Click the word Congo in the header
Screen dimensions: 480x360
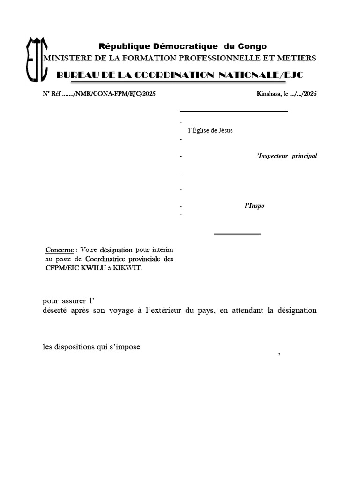click(252, 46)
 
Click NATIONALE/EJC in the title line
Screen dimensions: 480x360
click(265, 75)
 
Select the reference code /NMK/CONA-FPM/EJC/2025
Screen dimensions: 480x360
click(115, 94)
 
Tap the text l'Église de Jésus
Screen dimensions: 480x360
click(210, 130)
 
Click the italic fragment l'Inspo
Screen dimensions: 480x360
click(255, 206)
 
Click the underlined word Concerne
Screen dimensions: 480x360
click(60, 250)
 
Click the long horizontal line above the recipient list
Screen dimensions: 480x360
click(233, 112)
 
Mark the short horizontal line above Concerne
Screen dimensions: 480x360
click(237, 233)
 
